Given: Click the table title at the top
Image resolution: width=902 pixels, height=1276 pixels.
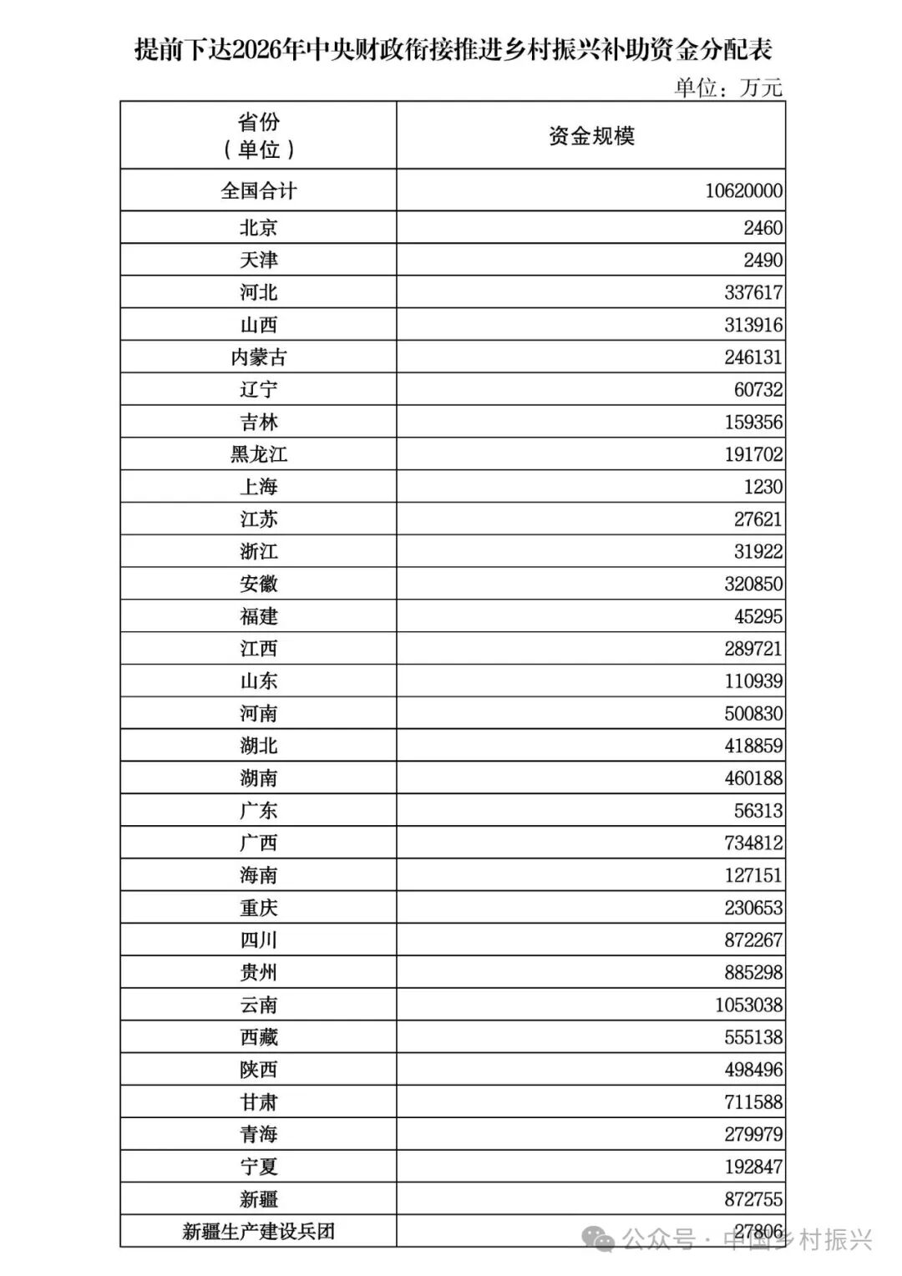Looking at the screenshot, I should point(453,48).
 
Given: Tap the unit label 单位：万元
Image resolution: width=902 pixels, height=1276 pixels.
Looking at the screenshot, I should point(728,87).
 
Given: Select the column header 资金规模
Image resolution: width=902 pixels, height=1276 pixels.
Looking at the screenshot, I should point(591,136).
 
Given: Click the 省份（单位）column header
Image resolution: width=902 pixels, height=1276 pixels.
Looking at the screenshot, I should point(258,136).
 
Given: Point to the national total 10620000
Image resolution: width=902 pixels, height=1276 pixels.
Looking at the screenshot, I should point(743,191).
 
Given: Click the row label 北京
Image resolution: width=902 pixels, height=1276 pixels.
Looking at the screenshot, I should point(258,228).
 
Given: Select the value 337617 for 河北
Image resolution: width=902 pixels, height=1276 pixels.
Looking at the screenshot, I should point(753,293).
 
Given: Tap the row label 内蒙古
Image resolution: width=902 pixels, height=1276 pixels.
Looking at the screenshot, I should point(258,357).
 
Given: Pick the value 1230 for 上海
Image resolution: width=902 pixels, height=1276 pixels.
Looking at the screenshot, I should point(763,487).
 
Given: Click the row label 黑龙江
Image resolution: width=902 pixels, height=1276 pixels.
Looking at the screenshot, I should point(258,454).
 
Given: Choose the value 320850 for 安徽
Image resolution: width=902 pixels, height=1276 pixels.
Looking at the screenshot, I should point(753,585).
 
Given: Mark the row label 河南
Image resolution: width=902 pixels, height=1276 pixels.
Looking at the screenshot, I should point(258,714).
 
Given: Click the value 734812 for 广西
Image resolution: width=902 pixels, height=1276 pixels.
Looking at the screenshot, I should point(753,843).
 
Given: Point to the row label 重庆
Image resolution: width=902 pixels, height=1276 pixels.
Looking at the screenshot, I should point(258,908).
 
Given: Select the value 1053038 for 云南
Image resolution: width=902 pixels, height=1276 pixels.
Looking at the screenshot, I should point(748,1005).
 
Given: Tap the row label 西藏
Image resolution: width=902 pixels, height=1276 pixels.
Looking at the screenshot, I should point(258,1037).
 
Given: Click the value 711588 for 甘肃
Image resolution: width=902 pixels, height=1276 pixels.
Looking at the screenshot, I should point(753,1102).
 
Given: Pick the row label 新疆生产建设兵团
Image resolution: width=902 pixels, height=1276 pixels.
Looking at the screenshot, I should point(258,1232).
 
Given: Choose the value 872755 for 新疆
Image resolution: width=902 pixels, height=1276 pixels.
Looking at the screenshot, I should point(753,1200).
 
